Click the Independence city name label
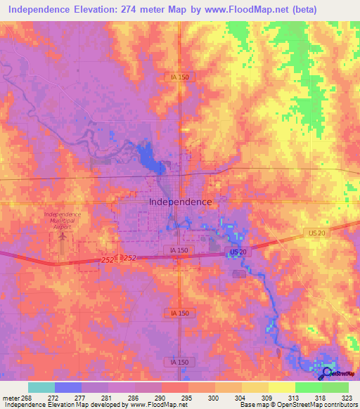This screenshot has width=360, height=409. [x=180, y=202]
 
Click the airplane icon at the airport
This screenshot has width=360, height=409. [x=63, y=237]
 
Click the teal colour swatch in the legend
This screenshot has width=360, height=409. [x=41, y=387]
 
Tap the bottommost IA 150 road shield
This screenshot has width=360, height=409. [x=179, y=362]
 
